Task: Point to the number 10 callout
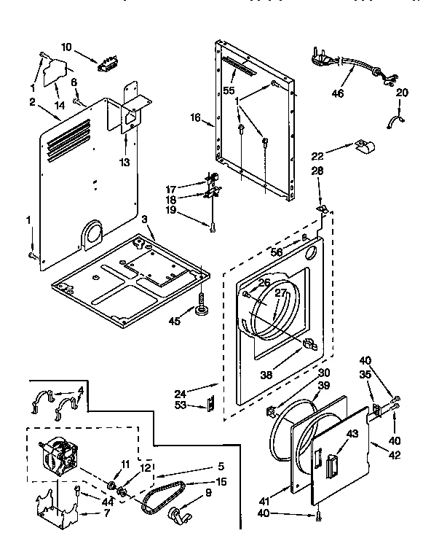pyautogui.click(x=66, y=47)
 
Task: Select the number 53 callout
pyautogui.click(x=181, y=405)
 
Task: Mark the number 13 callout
pyautogui.click(x=125, y=162)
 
